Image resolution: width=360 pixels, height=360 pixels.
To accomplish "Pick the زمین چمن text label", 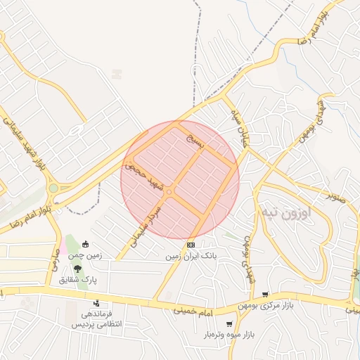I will tap(85, 256).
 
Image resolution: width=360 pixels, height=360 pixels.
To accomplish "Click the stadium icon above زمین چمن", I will tap(86, 245).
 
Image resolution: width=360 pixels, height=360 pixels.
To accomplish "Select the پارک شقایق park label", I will tap(78, 280).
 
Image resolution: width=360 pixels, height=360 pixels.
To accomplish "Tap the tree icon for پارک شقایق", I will tap(77, 269).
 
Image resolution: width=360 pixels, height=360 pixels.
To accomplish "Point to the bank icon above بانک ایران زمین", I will tap(191, 245).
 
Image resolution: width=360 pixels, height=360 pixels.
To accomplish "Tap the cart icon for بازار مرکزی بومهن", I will tap(264, 295).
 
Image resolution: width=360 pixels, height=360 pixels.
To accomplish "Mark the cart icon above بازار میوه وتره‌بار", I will tap(229, 324).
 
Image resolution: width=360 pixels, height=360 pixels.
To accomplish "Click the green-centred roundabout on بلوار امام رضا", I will tap(53, 188).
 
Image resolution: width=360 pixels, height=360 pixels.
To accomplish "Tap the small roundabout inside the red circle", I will tap(169, 192).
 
